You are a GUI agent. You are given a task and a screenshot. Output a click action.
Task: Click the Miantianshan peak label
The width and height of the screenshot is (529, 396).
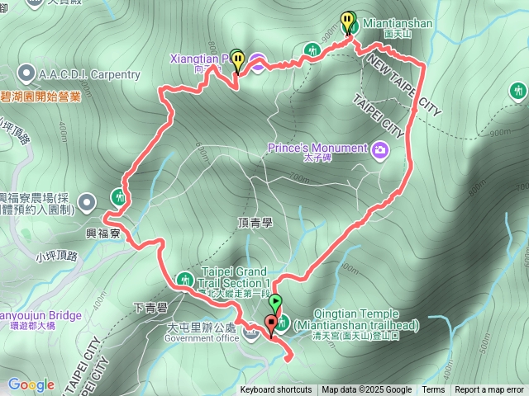tap(397, 24)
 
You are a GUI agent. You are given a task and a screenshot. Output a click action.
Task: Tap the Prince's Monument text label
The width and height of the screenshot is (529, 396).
tap(317, 148)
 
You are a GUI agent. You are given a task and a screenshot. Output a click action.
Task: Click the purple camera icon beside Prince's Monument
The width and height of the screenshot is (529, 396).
tap(379, 149)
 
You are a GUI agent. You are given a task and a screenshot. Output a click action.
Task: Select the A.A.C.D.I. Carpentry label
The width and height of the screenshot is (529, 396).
tap(90, 74)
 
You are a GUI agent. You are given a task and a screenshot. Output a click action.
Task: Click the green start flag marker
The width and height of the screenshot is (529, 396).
tap(276, 304)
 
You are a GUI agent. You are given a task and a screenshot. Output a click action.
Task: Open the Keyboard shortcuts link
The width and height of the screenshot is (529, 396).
tap(276, 390)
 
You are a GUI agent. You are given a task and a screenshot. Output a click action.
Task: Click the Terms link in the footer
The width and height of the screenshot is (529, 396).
tap(433, 390)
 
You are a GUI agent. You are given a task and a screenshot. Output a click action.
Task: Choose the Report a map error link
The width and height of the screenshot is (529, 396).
tap(489, 390)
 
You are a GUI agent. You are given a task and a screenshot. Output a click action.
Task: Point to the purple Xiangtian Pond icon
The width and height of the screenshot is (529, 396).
tap(257, 64)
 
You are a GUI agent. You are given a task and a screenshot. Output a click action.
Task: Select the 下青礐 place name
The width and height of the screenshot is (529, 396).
tap(149, 309)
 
